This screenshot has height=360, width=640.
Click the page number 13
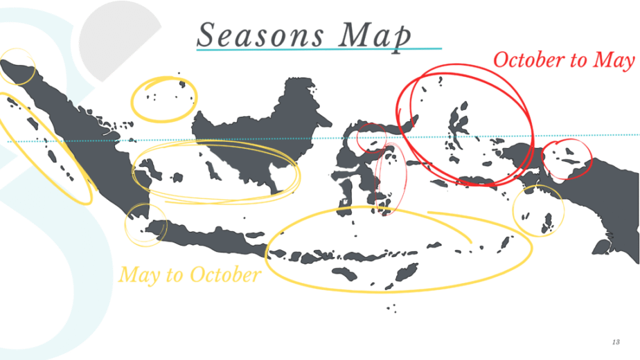click(616, 342)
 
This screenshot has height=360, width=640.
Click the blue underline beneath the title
click(319, 49)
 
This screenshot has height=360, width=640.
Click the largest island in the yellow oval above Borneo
click(183, 84)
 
